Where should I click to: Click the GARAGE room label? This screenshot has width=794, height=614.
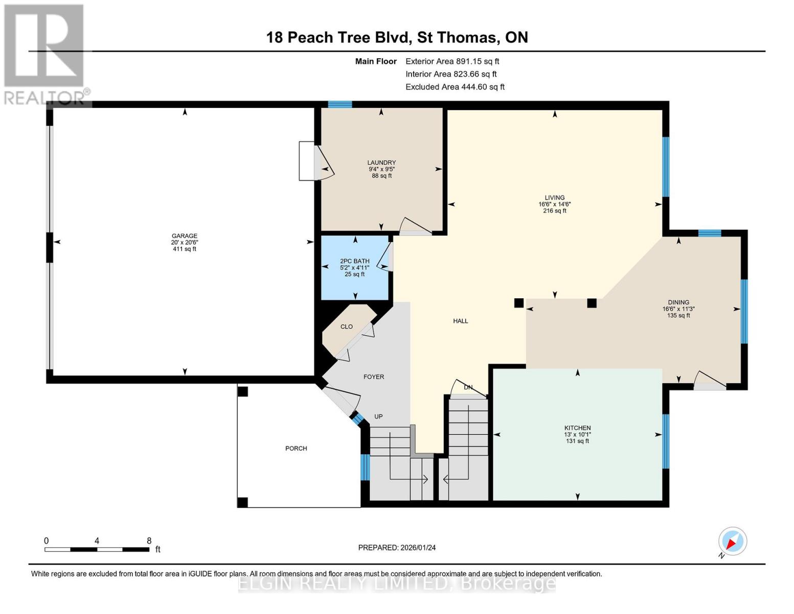(184, 236)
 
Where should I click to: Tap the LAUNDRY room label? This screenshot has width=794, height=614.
(381, 163)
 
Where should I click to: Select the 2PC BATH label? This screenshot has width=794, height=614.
(354, 261)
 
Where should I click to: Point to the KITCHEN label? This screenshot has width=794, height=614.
(577, 428)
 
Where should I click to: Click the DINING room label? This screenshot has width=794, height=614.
(678, 302)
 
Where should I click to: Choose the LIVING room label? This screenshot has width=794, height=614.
(554, 198)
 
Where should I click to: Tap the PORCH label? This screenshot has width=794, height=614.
(296, 449)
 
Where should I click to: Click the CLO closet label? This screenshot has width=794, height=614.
(346, 327)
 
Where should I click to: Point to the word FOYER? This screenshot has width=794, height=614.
(373, 377)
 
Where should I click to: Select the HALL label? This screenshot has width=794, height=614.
(460, 321)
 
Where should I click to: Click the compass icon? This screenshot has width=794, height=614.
(732, 541)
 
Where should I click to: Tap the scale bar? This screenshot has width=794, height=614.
(97, 549)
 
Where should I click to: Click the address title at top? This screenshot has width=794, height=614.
(397, 37)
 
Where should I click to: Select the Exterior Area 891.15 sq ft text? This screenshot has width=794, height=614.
(452, 61)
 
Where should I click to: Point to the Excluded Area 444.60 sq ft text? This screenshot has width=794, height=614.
(455, 87)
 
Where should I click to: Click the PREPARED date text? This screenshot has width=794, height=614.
(397, 547)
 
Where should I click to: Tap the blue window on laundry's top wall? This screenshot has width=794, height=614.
(339, 104)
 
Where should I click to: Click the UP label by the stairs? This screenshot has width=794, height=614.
(378, 416)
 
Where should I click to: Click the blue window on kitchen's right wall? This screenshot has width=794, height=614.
(665, 441)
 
